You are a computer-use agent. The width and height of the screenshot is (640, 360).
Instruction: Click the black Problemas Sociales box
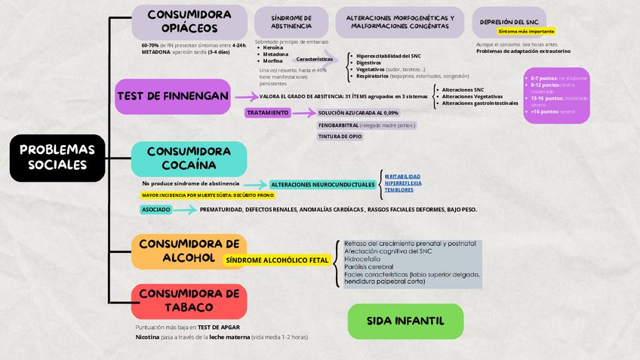coord(57,158)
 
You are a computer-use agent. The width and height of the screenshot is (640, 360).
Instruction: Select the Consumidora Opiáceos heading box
coord(189,22)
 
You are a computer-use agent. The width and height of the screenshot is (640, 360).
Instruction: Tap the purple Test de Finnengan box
coord(173,97)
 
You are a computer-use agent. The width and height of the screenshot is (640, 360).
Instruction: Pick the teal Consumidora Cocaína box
coord(189,158)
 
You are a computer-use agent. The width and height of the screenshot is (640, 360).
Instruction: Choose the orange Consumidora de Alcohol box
coord(189,251)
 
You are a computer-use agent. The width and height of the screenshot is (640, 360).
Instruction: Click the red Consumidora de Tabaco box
coord(189,300)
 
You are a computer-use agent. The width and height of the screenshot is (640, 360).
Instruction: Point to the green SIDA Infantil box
coord(405,321)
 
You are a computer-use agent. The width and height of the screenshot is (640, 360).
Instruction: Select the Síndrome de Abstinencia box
coord(291,22)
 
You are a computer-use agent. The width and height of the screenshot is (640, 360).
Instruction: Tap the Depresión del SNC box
coord(509,22)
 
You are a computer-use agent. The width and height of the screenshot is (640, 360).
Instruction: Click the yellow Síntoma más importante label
coord(527,32)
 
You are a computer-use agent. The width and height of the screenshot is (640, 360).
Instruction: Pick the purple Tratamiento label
coord(268,113)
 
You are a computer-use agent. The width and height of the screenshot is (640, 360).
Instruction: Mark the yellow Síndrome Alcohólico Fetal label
coord(277,260)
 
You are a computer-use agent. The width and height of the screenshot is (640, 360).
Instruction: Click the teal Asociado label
coord(155,209)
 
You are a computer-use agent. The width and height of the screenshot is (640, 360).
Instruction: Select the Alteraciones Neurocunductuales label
coord(322,184)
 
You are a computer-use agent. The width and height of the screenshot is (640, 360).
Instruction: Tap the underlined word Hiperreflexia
coord(403,183)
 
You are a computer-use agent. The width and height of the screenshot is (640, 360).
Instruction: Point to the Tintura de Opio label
coord(340,137)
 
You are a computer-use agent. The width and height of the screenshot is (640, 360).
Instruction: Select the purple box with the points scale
coord(556,95)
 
